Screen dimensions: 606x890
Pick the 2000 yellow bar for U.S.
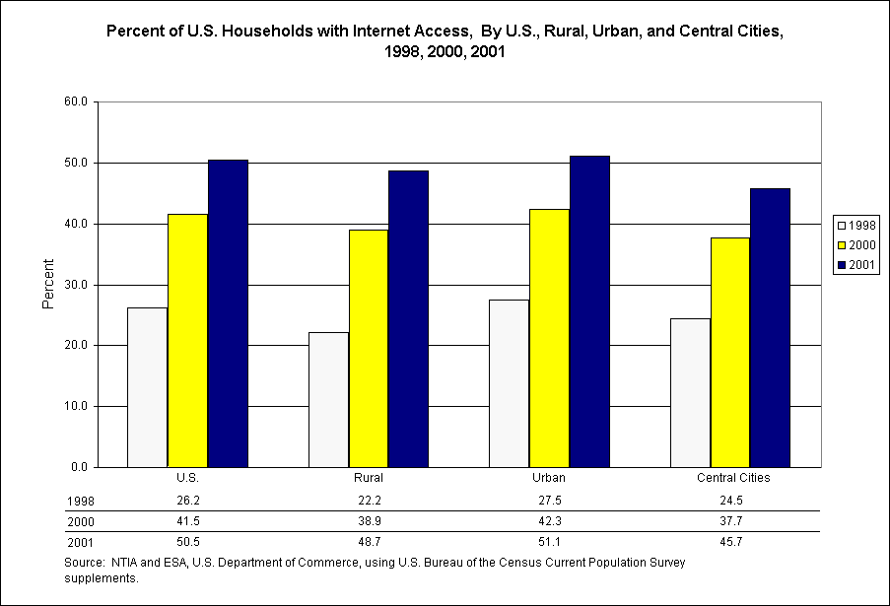187,340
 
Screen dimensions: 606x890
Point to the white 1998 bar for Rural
328,399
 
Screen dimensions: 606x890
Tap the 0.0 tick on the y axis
79,467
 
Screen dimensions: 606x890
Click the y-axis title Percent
48,285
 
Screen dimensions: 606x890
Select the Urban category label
550,478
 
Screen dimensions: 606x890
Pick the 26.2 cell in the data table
187,500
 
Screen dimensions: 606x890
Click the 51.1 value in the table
550,542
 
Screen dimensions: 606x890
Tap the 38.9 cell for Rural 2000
369,521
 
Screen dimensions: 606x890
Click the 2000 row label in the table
80,521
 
